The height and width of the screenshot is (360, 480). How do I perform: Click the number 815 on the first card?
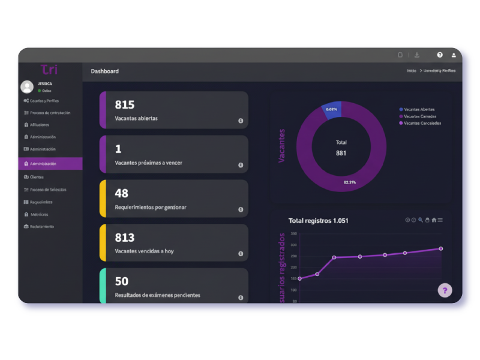[x=125, y=104]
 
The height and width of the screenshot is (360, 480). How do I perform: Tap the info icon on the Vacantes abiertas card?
[x=241, y=121]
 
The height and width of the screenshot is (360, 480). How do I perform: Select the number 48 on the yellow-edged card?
[x=122, y=193]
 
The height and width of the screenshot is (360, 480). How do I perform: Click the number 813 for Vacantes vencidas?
[x=125, y=238]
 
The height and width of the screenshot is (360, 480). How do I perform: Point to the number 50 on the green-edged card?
[x=122, y=281]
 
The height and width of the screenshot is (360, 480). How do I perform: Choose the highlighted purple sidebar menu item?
[x=50, y=164]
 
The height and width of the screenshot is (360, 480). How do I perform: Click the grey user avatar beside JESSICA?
[x=27, y=86]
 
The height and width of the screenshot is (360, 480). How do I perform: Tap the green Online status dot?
[x=40, y=91]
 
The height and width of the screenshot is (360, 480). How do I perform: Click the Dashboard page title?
[x=105, y=71]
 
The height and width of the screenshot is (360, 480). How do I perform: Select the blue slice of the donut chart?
[x=331, y=110]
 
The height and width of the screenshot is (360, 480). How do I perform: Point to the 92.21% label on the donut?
[x=349, y=182]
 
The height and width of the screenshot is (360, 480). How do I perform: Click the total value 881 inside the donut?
[x=341, y=153]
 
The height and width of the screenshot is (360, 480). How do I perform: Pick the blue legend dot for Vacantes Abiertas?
[x=401, y=109]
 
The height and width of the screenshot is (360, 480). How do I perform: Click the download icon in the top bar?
[x=417, y=55]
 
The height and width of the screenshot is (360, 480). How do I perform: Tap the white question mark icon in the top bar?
[x=440, y=55]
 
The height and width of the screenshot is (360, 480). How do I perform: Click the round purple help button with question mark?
[x=445, y=291]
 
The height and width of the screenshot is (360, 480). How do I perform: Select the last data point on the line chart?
[x=441, y=248]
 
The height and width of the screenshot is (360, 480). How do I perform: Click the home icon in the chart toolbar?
[x=434, y=220]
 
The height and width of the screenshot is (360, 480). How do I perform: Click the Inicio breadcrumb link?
[x=412, y=71]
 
